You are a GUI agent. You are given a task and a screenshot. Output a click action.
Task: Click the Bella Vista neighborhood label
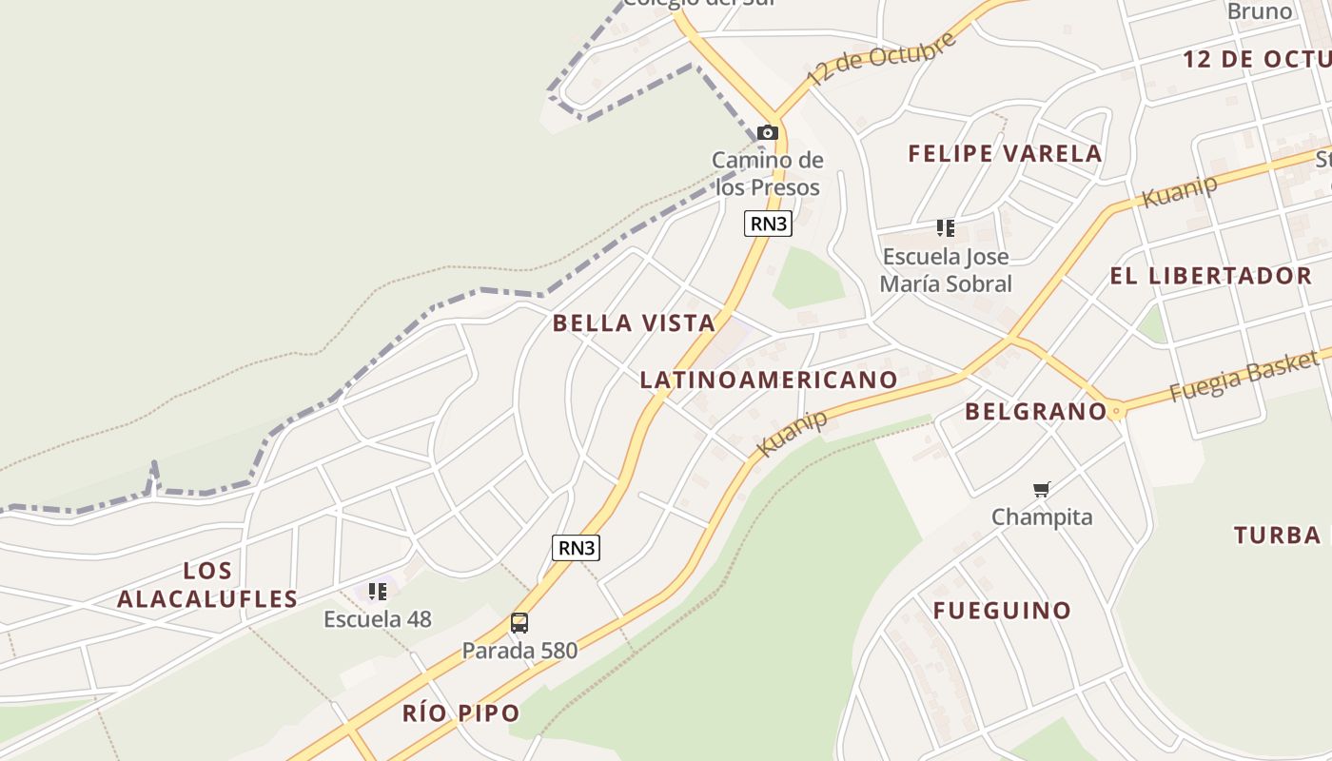pyautogui.click(x=634, y=323)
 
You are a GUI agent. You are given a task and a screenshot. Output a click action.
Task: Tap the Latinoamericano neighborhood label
pyautogui.click(x=769, y=380)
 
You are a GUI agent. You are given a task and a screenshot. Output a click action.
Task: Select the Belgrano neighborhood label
pyautogui.click(x=1036, y=412)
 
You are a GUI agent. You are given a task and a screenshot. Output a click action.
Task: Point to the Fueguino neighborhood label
pyautogui.click(x=1002, y=611)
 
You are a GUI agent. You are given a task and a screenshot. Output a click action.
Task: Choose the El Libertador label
pyautogui.click(x=1211, y=277)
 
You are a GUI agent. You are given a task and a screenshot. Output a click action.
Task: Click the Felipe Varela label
pyautogui.click(x=1005, y=154)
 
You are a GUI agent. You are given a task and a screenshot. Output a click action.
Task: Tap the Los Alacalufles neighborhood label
pyautogui.click(x=207, y=585)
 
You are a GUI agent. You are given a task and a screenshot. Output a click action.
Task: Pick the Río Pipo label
pyautogui.click(x=461, y=713)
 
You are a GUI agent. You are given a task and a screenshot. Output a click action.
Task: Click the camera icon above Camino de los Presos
pyautogui.click(x=768, y=133)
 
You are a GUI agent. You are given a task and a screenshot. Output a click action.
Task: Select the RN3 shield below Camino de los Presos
pyautogui.click(x=768, y=224)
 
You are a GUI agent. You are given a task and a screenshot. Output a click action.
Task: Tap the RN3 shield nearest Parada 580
pyautogui.click(x=577, y=548)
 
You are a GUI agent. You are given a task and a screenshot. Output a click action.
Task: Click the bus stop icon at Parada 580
pyautogui.click(x=519, y=623)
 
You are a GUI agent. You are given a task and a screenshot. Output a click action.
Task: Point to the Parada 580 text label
pyautogui.click(x=519, y=651)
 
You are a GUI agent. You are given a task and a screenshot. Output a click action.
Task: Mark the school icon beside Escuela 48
pyautogui.click(x=378, y=592)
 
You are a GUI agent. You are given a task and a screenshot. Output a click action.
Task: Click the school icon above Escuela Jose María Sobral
pyautogui.click(x=945, y=228)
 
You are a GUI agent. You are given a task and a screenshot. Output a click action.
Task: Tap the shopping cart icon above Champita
pyautogui.click(x=1042, y=490)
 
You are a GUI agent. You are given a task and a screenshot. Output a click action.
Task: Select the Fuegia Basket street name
pyautogui.click(x=1244, y=376)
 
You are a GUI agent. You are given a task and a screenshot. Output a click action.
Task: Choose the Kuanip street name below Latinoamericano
pyautogui.click(x=792, y=434)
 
